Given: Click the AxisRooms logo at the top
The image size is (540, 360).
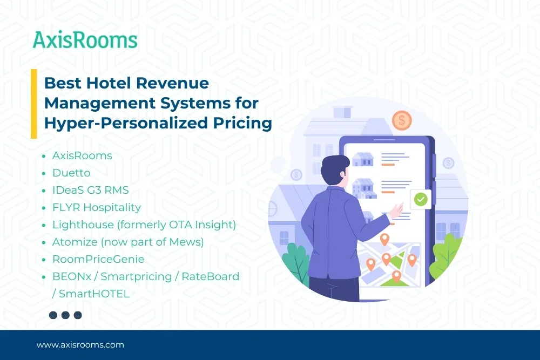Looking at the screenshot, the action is click(85, 40).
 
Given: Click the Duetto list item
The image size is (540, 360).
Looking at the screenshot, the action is click(71, 173).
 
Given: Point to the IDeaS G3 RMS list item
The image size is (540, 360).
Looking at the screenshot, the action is click(91, 190).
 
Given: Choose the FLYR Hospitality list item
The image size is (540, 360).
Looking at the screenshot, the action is click(97, 208).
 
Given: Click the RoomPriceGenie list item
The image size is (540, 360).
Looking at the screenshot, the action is click(98, 259).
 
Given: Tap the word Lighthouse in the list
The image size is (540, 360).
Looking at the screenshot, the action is click(83, 225).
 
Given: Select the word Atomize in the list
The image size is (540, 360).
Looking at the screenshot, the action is click(75, 242).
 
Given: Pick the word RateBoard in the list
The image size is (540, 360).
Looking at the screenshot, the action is click(211, 276).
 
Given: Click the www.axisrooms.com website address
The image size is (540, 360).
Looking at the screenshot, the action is click(80, 345).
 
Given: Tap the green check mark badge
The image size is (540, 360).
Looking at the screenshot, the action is click(421, 199).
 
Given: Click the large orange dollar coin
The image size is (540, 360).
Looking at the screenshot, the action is click(402, 120).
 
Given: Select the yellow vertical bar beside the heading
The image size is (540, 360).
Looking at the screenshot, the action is click(33, 104).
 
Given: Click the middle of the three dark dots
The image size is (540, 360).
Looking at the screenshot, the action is click(65, 315).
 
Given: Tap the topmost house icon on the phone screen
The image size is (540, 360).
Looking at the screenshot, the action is click(363, 159).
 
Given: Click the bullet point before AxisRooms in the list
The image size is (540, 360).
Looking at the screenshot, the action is click(44, 157).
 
